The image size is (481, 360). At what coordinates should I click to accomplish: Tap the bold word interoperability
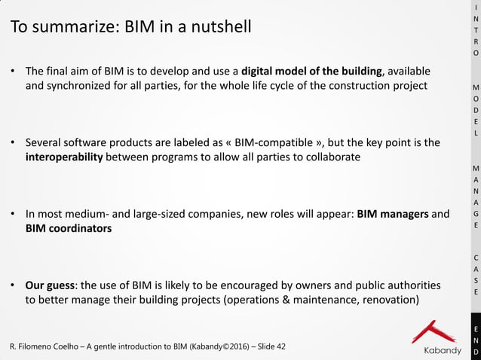(64, 157)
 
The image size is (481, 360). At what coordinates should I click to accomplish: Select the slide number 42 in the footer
(280, 346)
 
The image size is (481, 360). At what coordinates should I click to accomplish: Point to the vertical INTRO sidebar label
(475, 31)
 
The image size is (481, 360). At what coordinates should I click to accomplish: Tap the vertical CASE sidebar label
(475, 274)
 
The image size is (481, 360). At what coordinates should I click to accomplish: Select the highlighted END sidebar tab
(475, 340)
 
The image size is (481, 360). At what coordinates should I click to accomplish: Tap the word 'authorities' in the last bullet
(412, 285)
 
